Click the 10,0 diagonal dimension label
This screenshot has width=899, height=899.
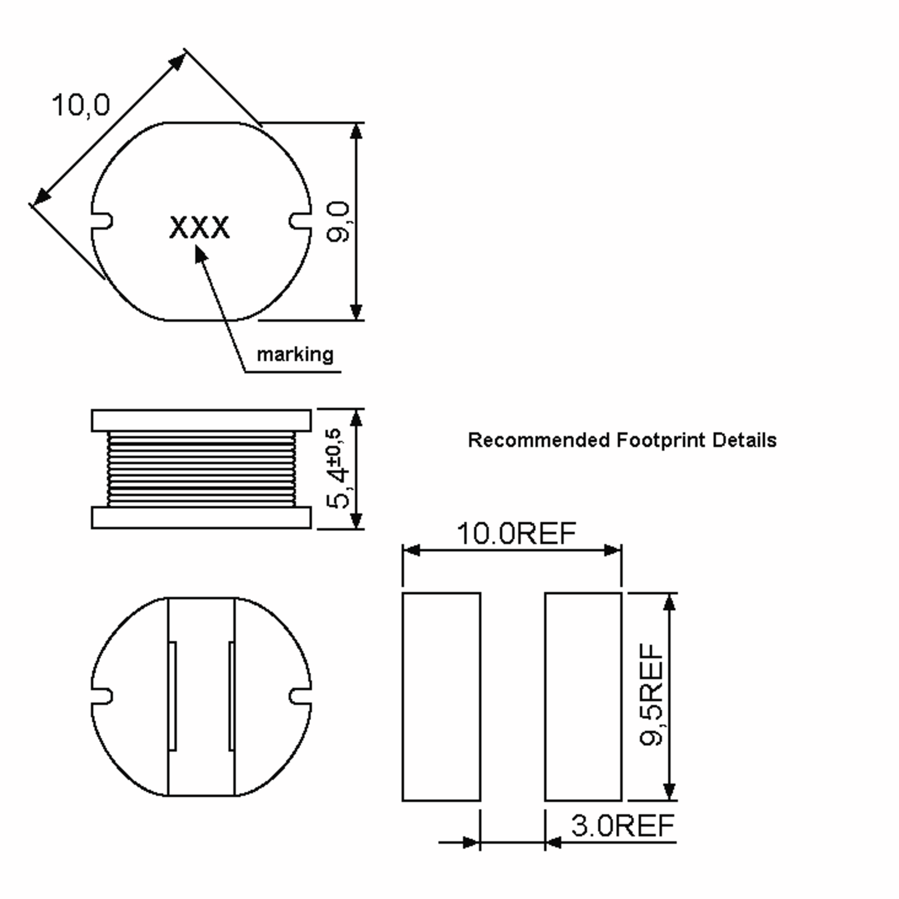[x=81, y=105]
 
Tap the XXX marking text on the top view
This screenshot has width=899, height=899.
[x=199, y=227]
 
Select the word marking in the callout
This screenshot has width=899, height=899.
[x=295, y=355]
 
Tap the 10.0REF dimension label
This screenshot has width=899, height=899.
[x=516, y=533]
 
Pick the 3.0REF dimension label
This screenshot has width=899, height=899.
[x=623, y=826]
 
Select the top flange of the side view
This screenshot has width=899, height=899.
[x=201, y=421]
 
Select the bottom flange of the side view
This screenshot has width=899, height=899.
[x=201, y=517]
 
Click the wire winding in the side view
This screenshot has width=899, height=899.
[x=201, y=469]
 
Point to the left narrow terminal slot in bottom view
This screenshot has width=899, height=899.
[x=172, y=696]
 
